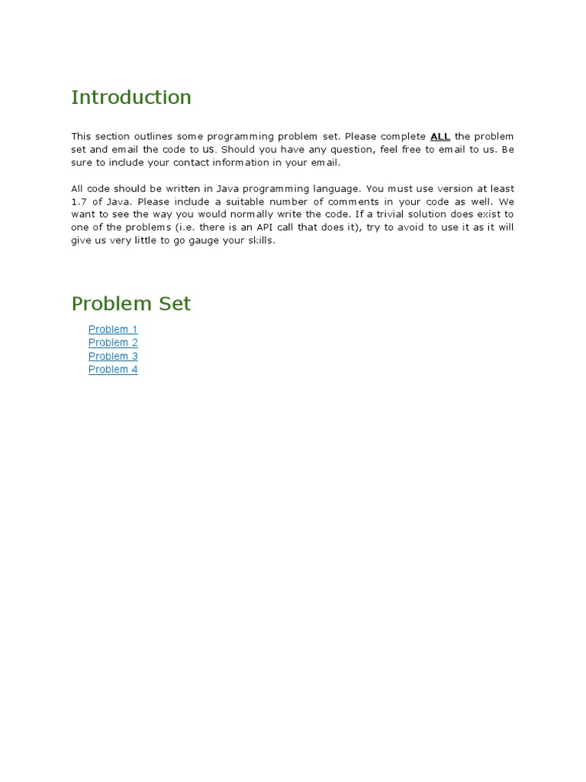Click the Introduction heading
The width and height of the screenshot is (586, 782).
[131, 98]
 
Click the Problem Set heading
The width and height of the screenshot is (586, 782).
[131, 304]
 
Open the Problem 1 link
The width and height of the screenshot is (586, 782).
[113, 329]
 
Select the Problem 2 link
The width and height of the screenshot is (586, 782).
[113, 343]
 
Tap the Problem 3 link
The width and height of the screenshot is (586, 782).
[113, 356]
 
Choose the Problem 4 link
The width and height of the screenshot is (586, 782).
[113, 370]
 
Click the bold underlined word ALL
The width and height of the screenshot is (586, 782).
[440, 137]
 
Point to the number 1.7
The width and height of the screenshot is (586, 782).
[79, 202]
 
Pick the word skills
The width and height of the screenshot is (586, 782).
[259, 241]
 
